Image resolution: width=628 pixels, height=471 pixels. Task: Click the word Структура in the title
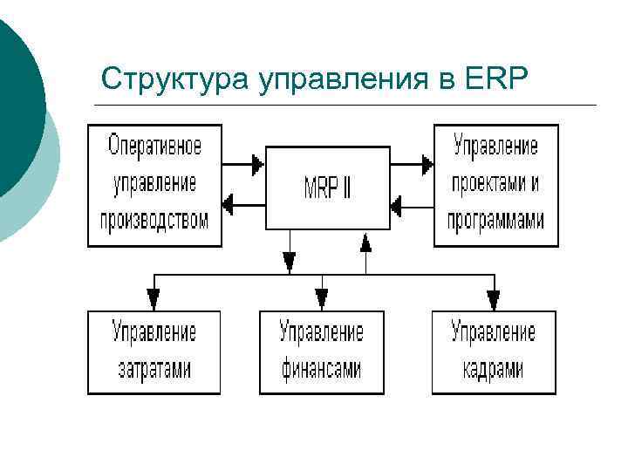point(174,79)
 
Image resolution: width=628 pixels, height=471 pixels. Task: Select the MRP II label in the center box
point(327,188)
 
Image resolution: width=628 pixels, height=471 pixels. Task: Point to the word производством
point(154,218)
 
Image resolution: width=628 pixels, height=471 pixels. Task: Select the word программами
point(495,219)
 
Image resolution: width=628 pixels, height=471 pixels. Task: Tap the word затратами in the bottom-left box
point(154,369)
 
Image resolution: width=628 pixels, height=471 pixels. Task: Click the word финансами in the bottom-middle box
point(321,369)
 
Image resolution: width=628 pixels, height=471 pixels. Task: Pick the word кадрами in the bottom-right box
point(494,369)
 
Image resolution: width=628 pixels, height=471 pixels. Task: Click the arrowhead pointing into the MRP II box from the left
point(256,163)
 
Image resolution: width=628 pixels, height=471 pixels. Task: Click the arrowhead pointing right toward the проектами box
point(427,163)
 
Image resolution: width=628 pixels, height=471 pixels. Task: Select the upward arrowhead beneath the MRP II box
point(366,242)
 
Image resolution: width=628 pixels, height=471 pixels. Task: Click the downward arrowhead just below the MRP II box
point(290,261)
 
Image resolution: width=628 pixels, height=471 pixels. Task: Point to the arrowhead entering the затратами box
point(154,299)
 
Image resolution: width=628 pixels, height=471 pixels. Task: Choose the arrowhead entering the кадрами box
point(494,299)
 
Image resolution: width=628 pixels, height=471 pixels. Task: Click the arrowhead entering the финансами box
point(321,299)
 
